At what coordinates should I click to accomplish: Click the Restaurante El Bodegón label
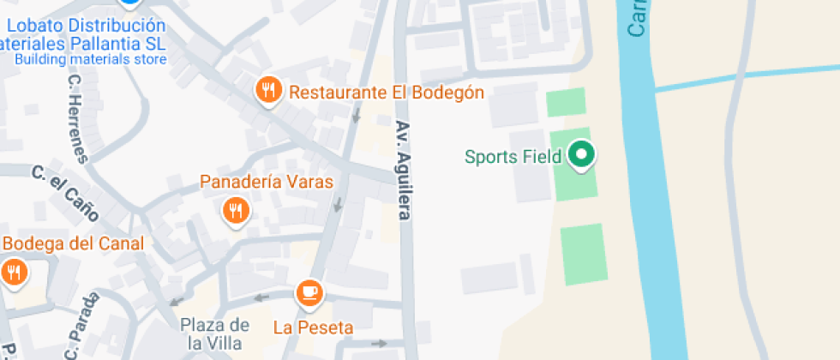pyautogui.click(x=387, y=93)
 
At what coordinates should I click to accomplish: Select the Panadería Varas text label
pyautogui.click(x=266, y=182)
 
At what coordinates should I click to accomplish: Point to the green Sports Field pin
pyautogui.click(x=582, y=155)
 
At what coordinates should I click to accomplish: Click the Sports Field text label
pyautogui.click(x=513, y=157)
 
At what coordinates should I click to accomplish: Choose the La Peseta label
pyautogui.click(x=313, y=327)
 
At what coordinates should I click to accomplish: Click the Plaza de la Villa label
pyautogui.click(x=215, y=333)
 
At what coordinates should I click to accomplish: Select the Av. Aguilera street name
pyautogui.click(x=402, y=170)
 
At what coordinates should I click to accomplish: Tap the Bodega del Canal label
pyautogui.click(x=72, y=243)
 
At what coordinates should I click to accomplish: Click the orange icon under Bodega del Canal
pyautogui.click(x=13, y=273)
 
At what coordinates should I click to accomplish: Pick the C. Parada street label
pyautogui.click(x=81, y=327)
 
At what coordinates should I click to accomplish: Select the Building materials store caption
pyautogui.click(x=90, y=60)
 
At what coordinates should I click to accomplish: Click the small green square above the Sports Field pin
pyautogui.click(x=566, y=102)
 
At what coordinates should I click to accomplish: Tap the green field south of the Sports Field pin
pyautogui.click(x=584, y=254)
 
